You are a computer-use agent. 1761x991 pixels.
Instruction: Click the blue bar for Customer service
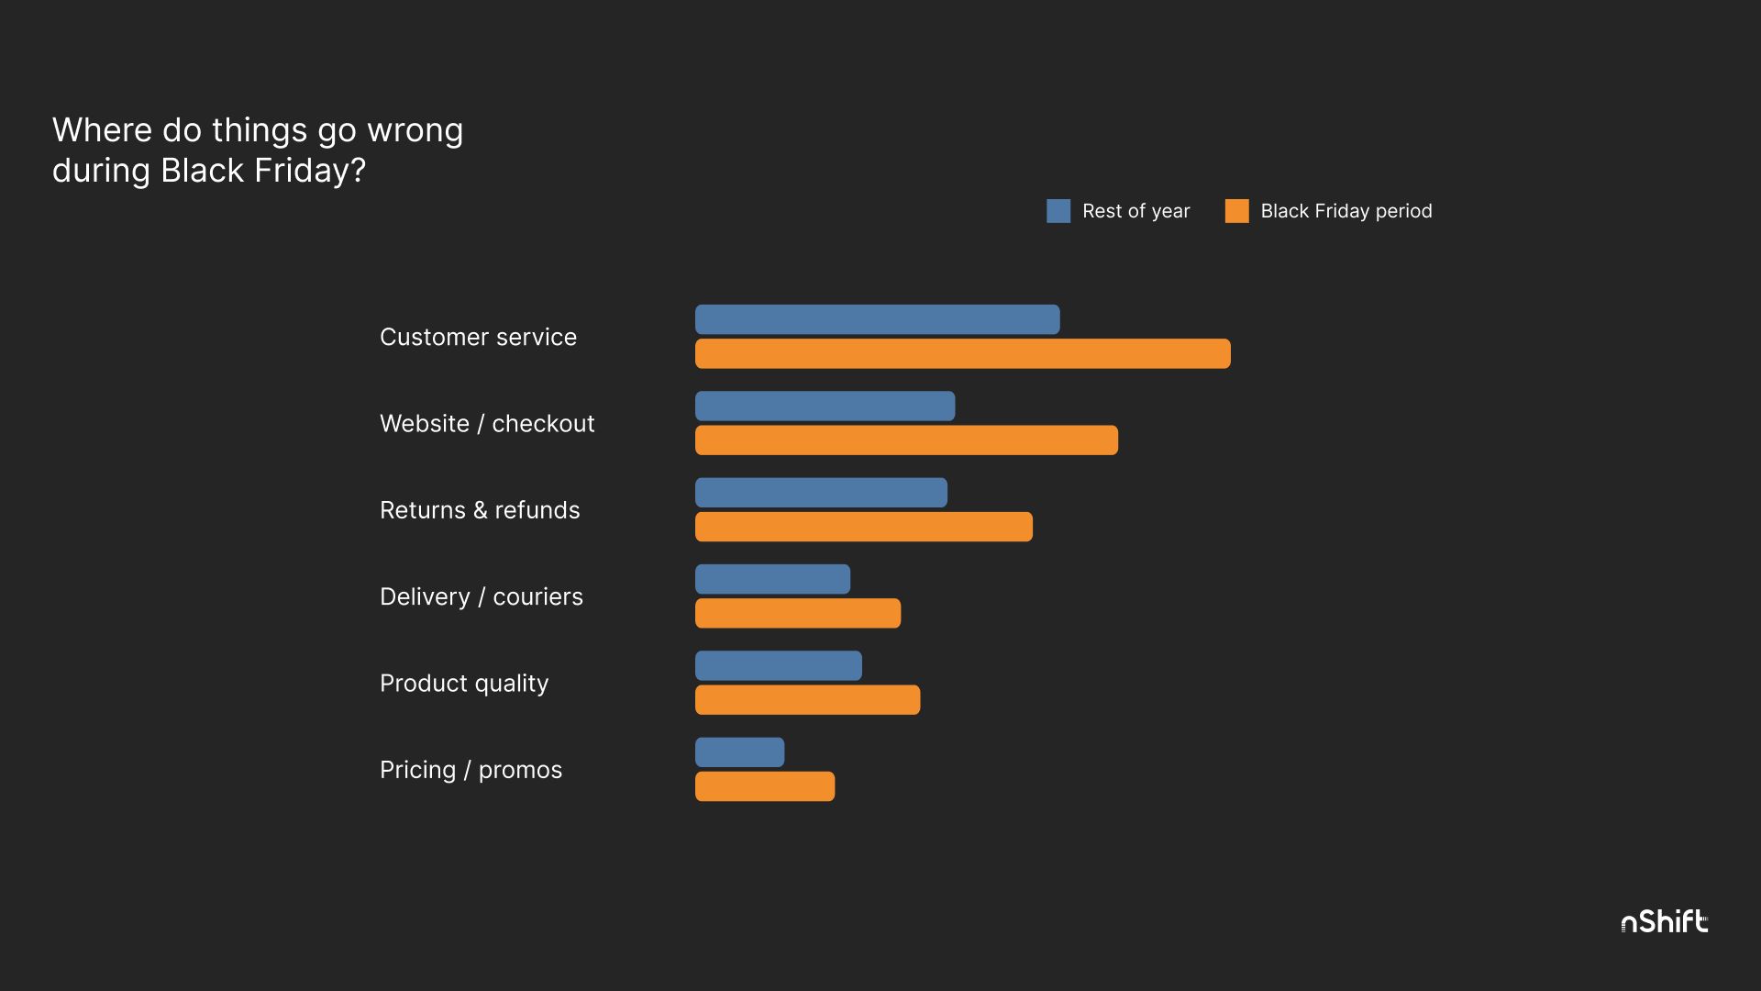877,319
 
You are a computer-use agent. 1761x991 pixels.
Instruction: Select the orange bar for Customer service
962,353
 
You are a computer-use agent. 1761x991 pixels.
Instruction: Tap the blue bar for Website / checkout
825,406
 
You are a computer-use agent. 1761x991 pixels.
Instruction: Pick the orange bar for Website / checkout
906,440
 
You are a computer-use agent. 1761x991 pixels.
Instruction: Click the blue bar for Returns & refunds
821,493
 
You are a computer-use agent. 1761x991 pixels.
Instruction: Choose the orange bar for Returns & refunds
863,527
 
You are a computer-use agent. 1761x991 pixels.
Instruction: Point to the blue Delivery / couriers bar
772,579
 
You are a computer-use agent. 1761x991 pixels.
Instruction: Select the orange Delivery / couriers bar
797,613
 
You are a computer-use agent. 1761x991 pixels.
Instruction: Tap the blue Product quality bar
778,665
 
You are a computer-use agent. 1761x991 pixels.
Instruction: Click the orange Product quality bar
807,699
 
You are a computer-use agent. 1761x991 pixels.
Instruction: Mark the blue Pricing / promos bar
739,752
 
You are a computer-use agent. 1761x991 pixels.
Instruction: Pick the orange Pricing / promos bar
764,786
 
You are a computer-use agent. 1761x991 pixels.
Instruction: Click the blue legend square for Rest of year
1058,211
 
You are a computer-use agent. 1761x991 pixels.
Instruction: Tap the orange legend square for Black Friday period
1236,211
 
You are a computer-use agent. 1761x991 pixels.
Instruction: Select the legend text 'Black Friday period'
1346,211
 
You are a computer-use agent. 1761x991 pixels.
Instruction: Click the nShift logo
1664,921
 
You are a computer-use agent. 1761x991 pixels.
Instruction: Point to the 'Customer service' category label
478,337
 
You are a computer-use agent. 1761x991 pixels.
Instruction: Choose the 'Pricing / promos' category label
471,770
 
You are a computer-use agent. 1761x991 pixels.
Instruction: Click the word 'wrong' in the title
415,131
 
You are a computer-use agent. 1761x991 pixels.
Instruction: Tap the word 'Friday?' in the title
310,171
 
